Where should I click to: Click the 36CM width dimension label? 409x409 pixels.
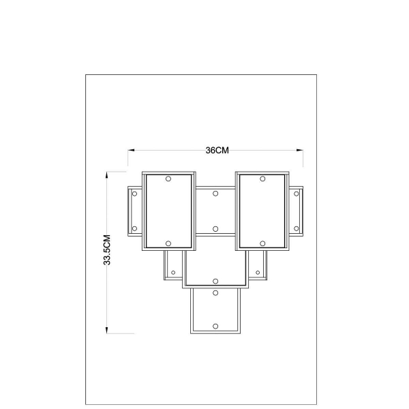[x=217, y=150]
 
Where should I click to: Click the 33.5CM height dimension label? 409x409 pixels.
[x=107, y=250]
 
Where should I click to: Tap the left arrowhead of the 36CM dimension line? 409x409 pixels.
[x=131, y=150]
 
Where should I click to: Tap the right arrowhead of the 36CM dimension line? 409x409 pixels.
[x=300, y=150]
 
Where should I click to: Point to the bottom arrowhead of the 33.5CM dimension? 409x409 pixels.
[x=107, y=330]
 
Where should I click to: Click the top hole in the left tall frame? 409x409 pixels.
[x=168, y=179]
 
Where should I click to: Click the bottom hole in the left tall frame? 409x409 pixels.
[x=168, y=243]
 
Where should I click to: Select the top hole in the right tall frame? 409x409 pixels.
[x=262, y=179]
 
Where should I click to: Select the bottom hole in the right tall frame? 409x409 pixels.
[x=262, y=243]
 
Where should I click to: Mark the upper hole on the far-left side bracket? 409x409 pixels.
[x=134, y=194]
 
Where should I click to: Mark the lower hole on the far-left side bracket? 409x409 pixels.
[x=134, y=229]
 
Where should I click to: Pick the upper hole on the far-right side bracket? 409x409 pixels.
[x=296, y=194]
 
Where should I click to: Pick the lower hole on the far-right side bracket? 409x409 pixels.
[x=296, y=229]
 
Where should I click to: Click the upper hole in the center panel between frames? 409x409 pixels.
[x=215, y=194]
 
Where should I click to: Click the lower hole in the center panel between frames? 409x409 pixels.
[x=215, y=229]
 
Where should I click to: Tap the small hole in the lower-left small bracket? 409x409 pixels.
[x=173, y=273]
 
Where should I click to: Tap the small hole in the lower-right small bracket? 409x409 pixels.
[x=258, y=273]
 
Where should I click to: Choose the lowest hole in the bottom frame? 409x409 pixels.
[x=215, y=327]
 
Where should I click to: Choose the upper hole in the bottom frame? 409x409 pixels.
[x=215, y=293]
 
